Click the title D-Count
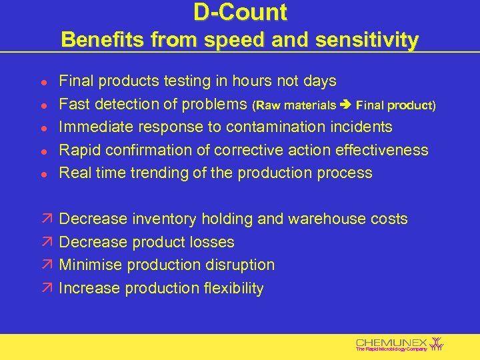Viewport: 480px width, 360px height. point(240,13)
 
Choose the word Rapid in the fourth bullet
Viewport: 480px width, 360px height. point(79,150)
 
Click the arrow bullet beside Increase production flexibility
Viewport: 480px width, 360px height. point(43,289)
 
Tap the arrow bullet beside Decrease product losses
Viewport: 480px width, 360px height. point(43,243)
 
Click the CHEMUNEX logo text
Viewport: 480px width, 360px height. point(392,341)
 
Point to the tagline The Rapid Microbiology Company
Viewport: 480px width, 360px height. point(391,349)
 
